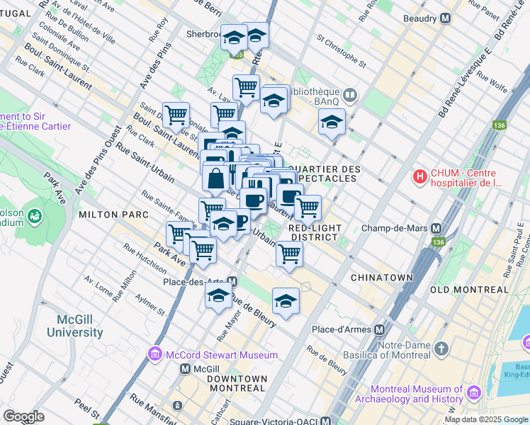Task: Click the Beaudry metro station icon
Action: (446, 18)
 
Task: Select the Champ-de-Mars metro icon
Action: (436, 229)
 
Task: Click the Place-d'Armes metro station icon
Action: (380, 329)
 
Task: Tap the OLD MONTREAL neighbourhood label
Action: (469, 290)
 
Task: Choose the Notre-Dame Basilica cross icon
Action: (441, 348)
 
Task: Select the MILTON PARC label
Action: (113, 214)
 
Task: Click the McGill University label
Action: (75, 325)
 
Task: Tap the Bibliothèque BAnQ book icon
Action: (350, 94)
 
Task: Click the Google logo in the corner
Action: (24, 416)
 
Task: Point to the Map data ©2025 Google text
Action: (486, 419)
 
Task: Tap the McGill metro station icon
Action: (185, 368)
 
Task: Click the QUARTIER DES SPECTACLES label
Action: (325, 174)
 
